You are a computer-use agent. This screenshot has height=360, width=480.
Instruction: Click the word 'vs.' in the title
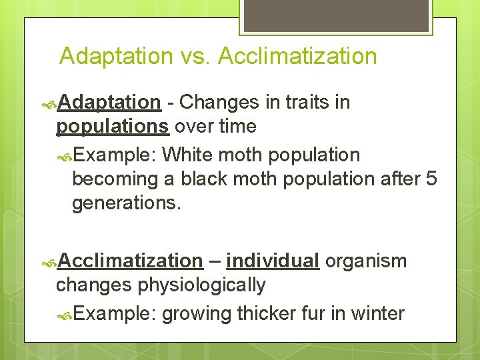tap(197, 56)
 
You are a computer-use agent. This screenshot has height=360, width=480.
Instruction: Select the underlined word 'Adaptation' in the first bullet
tap(109, 102)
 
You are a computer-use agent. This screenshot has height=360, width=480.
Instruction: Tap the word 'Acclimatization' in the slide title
tap(297, 56)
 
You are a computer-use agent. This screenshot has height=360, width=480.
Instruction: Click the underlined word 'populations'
tap(112, 126)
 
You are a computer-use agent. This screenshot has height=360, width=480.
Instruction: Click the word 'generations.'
tap(126, 203)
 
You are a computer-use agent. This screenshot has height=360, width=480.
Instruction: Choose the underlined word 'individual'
tap(273, 261)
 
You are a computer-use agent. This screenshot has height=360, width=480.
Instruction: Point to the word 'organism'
tap(366, 261)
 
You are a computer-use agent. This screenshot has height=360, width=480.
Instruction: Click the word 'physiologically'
tap(201, 285)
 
